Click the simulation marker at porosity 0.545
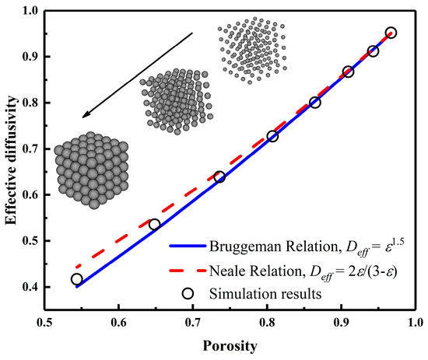click(76, 279)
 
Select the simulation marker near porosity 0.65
click(154, 225)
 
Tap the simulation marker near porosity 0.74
click(219, 177)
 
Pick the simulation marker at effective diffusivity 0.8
click(315, 103)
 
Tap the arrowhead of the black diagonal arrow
click(86, 117)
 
